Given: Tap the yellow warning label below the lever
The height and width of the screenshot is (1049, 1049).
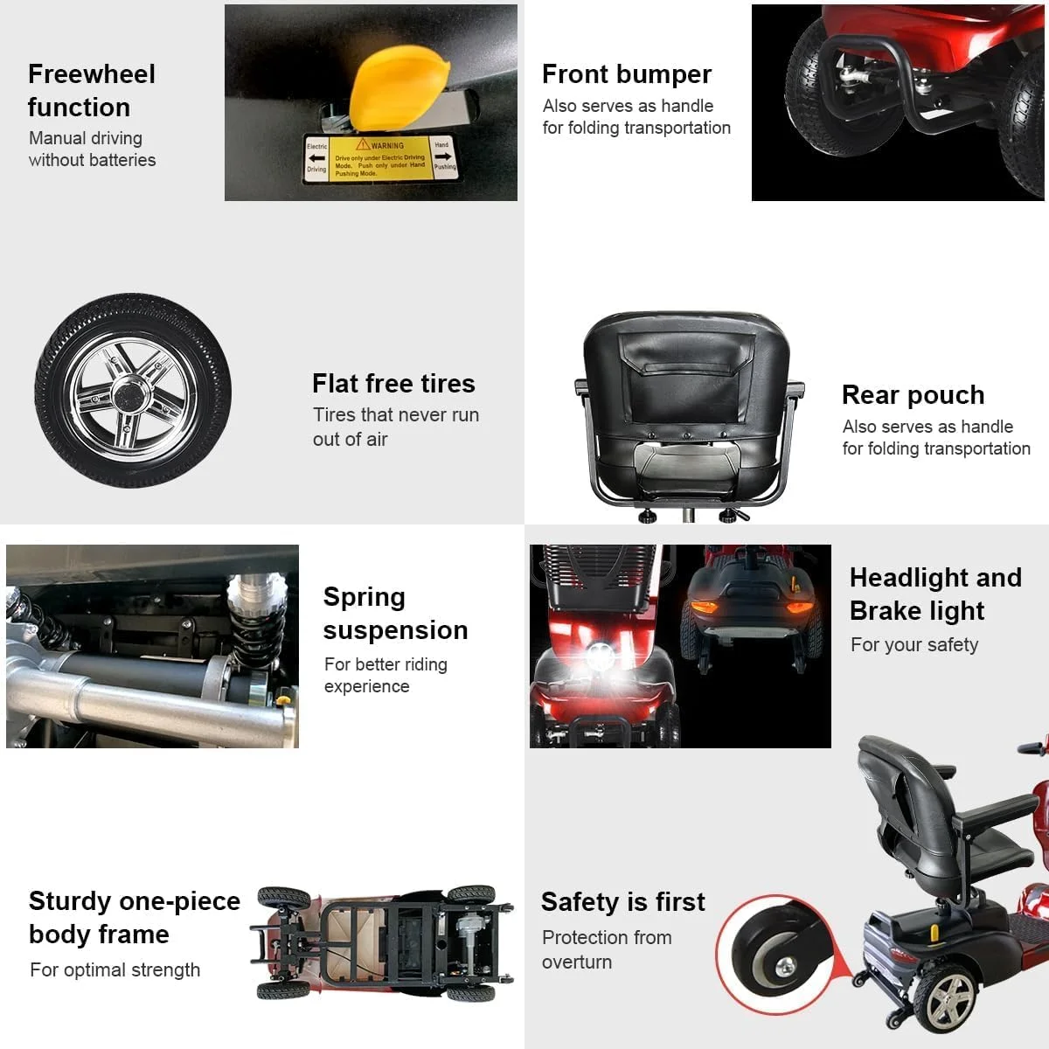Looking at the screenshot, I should coord(379,158).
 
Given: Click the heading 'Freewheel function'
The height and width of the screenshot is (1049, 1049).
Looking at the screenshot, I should coord(92,91).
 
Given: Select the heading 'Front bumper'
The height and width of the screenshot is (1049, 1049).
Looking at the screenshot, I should coord(627,74).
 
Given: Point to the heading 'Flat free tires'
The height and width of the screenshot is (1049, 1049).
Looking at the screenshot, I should coord(393,384).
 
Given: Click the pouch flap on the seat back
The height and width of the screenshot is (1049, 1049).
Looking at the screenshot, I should coord(686,350).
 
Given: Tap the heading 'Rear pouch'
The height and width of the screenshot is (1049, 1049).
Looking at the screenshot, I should coord(913,395).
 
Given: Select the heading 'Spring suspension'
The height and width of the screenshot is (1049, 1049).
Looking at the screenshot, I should coord(395,614).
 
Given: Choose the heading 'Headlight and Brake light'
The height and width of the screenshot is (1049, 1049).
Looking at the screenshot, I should coord(935,594).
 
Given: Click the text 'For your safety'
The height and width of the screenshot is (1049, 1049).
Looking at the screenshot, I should coord(914,645).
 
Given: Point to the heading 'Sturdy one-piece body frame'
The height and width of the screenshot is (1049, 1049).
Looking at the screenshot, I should coord(134,918).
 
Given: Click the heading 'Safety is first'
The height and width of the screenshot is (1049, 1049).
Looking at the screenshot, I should coord(623,902).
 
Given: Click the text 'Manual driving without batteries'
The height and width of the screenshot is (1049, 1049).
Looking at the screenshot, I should coord(92,149).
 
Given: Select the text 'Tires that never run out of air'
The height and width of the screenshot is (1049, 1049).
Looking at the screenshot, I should coord(396,427).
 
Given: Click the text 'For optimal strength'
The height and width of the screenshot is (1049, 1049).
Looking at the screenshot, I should coord(115,970).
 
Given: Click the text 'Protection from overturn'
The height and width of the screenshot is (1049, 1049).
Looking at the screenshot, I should coord(607,949).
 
